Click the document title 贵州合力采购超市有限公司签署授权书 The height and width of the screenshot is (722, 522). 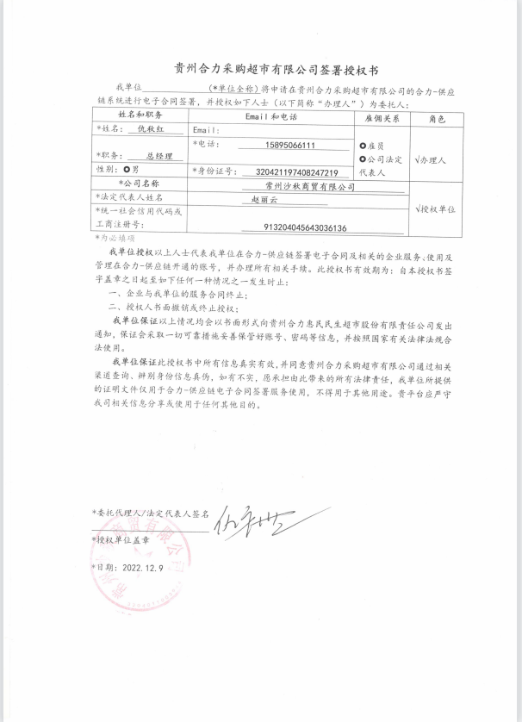[x=260, y=66]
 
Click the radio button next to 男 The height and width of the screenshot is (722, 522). [x=127, y=170]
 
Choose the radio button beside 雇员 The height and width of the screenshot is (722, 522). [x=363, y=146]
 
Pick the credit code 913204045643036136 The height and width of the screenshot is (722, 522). [x=306, y=227]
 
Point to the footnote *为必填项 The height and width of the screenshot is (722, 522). [x=114, y=237]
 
